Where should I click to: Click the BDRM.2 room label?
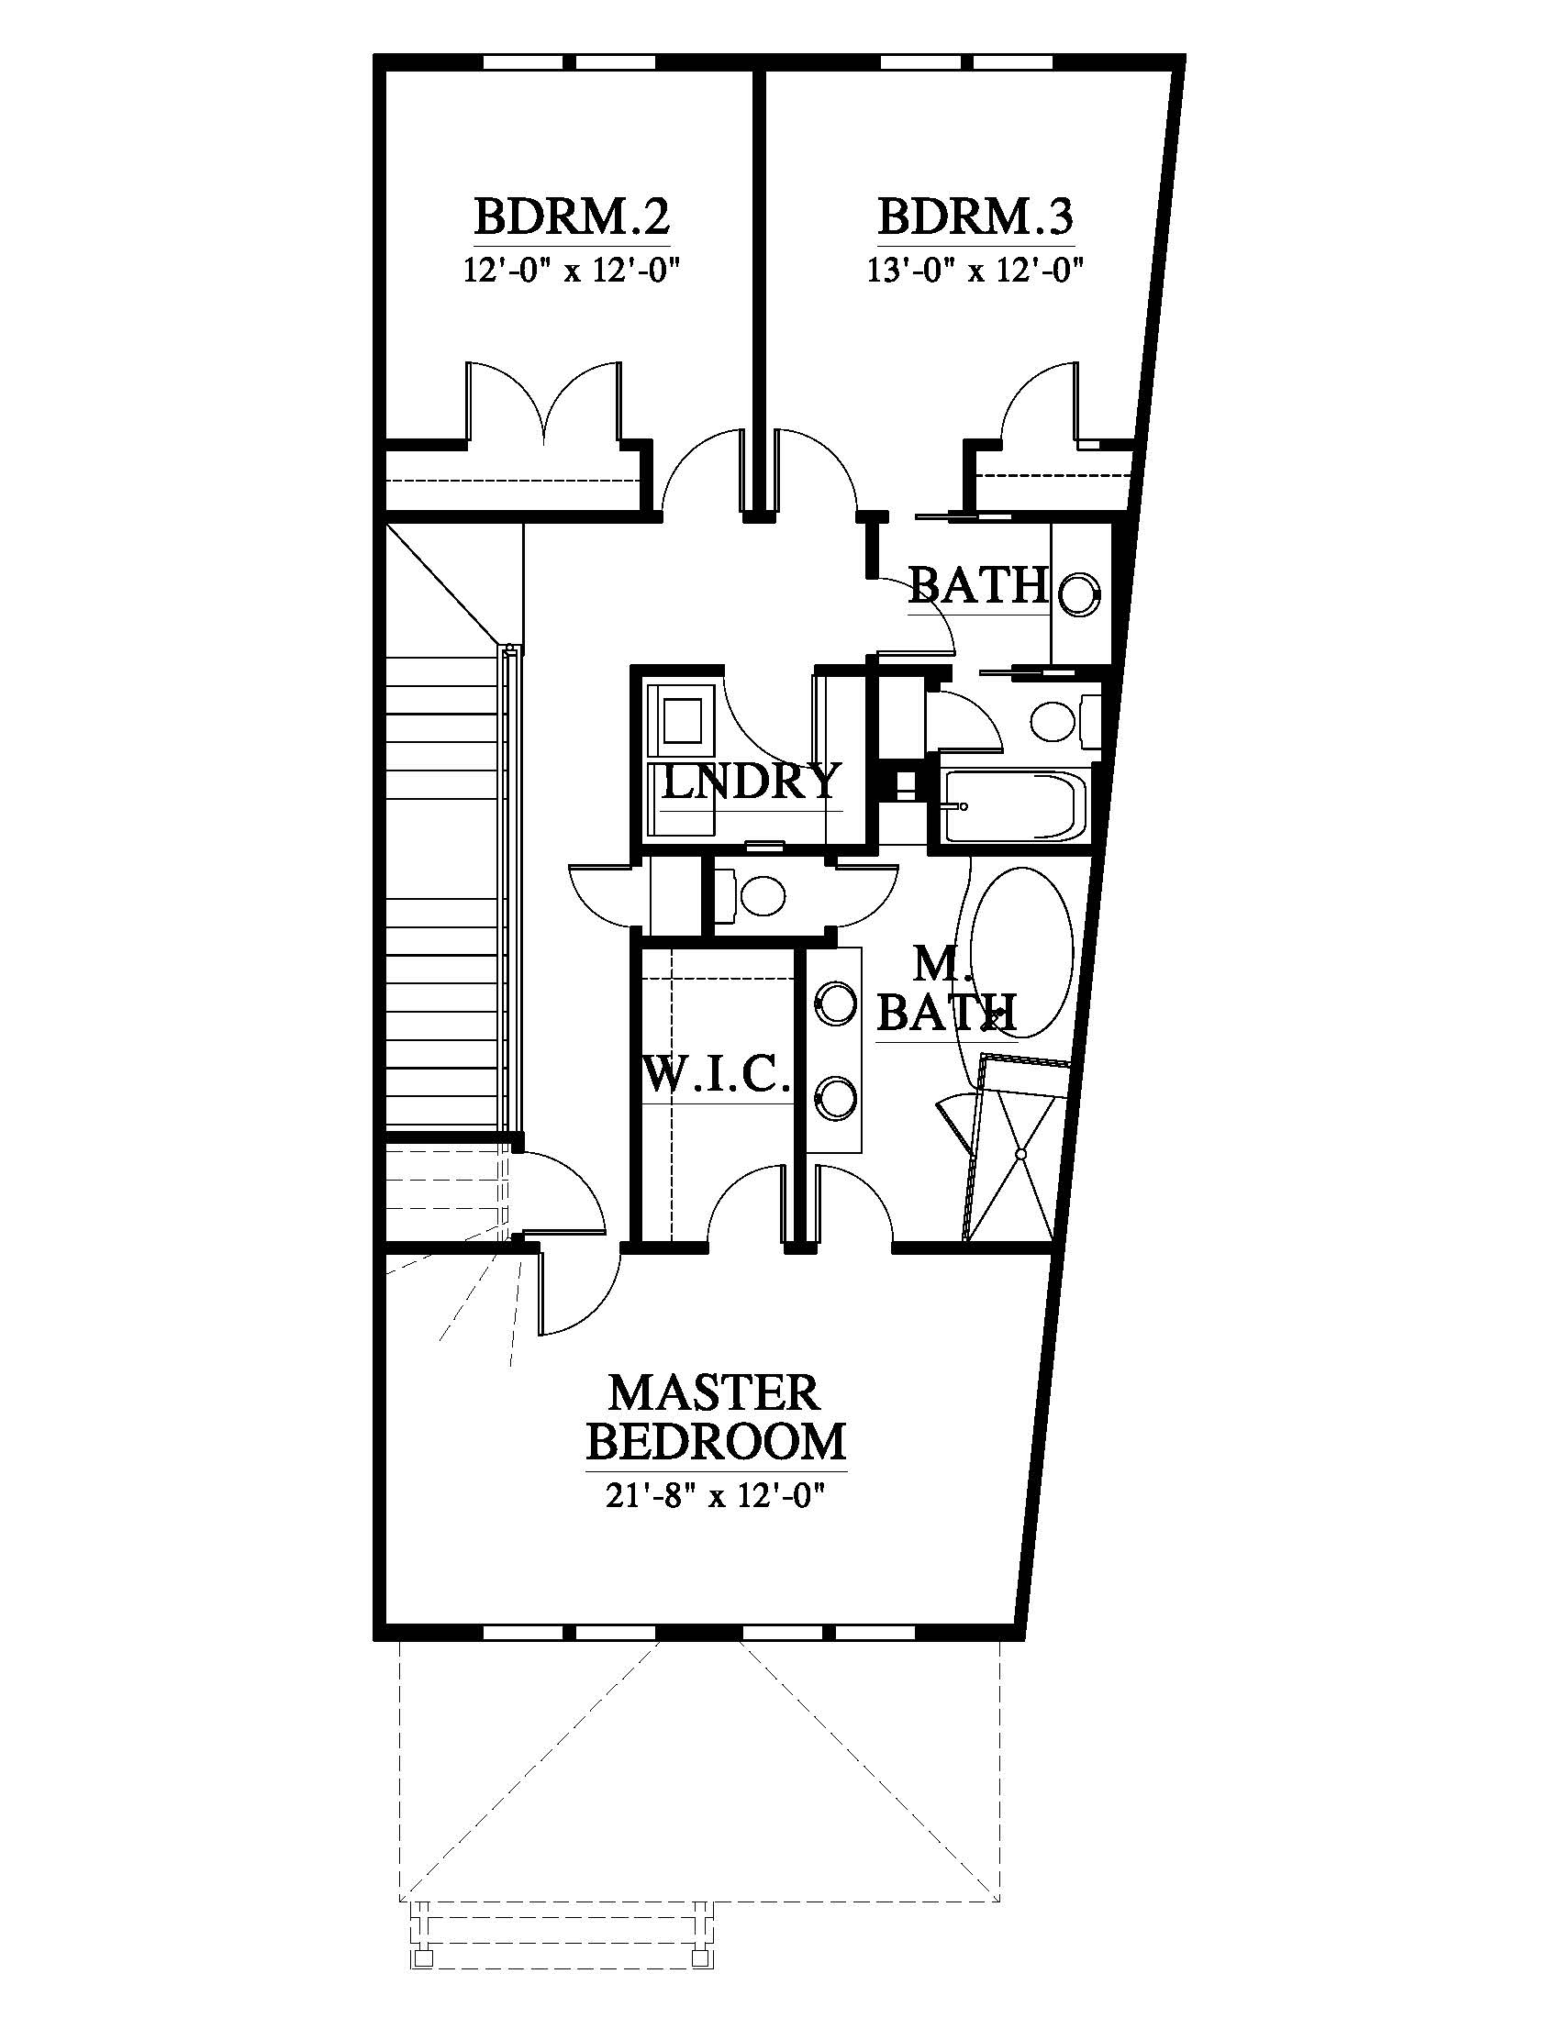572,219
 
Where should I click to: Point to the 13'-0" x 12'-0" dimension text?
975,271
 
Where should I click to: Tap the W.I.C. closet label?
718,1075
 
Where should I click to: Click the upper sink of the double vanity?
834,1004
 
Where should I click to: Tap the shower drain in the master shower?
1022,1155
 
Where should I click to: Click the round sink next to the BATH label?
1078,593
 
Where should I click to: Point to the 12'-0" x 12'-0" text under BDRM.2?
572,271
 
